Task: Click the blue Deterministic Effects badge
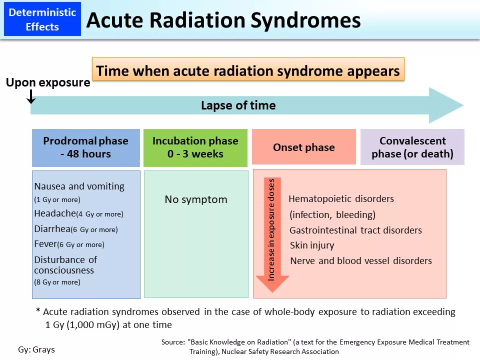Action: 42,19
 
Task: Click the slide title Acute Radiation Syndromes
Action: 223,20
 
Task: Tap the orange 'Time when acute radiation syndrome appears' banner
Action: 248,70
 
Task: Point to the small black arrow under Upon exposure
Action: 31,96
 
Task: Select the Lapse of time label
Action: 238,105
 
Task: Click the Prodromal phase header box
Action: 85,147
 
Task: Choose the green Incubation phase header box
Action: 195,147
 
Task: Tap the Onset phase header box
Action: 303,147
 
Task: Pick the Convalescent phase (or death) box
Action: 412,147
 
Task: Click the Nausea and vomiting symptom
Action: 79,186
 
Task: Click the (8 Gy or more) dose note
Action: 57,282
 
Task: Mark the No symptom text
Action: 196,199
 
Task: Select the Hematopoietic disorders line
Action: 341,199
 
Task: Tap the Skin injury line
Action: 312,245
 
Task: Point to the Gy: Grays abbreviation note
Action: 36,349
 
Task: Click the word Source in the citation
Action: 173,342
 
